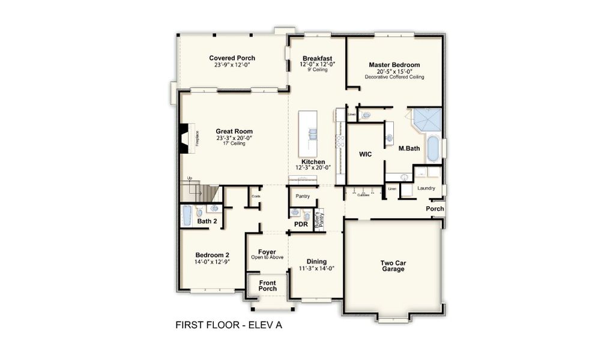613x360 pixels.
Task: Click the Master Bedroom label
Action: click(394, 65)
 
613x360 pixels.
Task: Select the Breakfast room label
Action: click(317, 58)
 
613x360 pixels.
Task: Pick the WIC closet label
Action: click(365, 154)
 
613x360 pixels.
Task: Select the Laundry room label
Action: click(426, 188)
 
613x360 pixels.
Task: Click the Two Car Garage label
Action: click(393, 266)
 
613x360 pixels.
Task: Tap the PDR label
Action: click(301, 224)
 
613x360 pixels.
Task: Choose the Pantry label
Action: click(303, 196)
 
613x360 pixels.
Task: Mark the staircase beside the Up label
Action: click(201, 192)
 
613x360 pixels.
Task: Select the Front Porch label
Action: click(267, 285)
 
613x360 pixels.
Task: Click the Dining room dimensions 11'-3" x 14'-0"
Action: click(316, 268)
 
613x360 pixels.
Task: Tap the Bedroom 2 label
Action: click(211, 254)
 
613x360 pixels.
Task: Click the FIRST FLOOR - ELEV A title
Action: click(228, 325)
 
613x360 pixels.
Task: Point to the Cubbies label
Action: click(363, 195)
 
